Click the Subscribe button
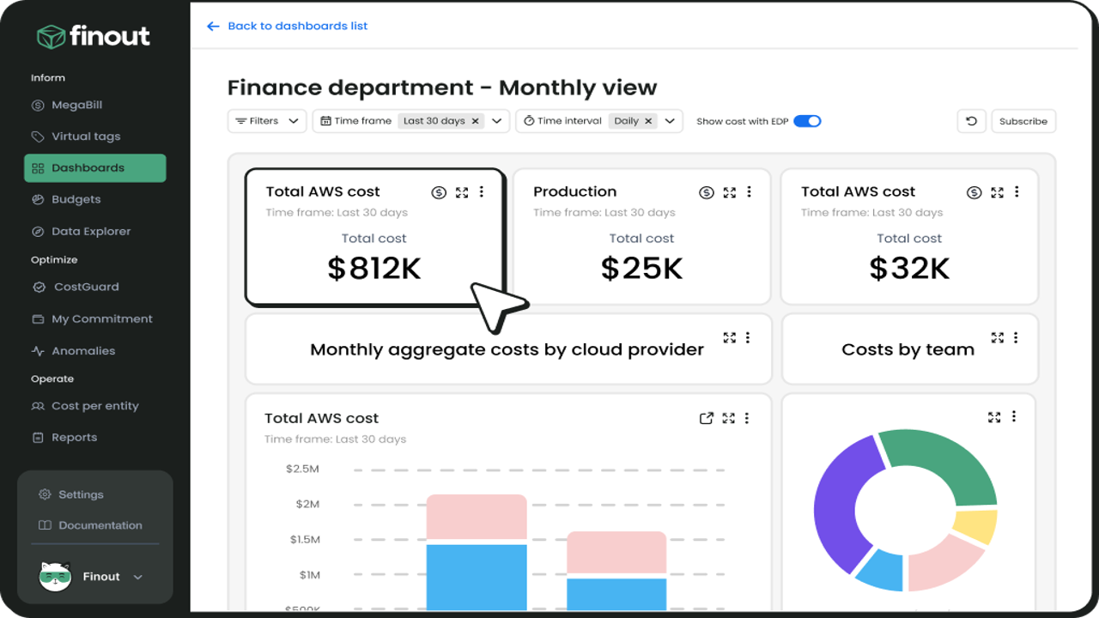point(1023,121)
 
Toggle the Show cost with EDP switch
point(807,121)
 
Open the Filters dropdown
point(267,121)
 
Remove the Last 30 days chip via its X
point(475,121)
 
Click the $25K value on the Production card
point(641,269)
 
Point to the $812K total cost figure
point(373,269)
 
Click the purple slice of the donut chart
point(845,506)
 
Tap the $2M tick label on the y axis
point(307,504)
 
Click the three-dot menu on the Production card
point(750,191)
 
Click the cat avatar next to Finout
point(55,576)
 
